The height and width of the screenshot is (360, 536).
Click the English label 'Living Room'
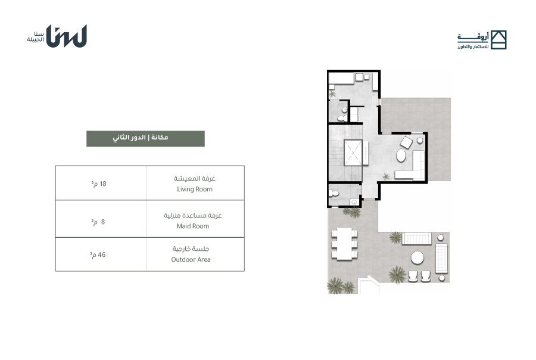[x=195, y=190]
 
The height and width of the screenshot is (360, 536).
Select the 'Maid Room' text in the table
[x=193, y=226]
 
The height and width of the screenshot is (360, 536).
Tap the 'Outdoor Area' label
[x=191, y=260]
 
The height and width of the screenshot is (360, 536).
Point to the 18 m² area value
[x=99, y=184]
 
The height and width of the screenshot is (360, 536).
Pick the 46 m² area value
[x=98, y=255]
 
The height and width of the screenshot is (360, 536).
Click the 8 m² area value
[x=98, y=222]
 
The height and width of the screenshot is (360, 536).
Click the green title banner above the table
[x=146, y=139]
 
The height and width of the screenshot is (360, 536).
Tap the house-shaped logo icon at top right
[x=498, y=40]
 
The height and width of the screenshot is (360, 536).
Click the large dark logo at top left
[x=66, y=36]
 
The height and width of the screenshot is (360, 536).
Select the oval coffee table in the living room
[x=401, y=156]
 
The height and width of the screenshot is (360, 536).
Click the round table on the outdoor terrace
[x=417, y=257]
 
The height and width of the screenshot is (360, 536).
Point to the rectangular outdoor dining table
[x=344, y=244]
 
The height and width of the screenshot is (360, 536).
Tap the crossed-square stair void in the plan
[x=353, y=153]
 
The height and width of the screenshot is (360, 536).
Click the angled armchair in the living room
[x=406, y=142]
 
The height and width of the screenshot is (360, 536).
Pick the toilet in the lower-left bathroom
[x=334, y=194]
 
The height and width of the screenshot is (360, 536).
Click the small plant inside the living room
[x=386, y=176]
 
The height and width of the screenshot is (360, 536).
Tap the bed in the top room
[x=341, y=78]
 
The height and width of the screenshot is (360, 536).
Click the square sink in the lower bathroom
[x=354, y=202]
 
